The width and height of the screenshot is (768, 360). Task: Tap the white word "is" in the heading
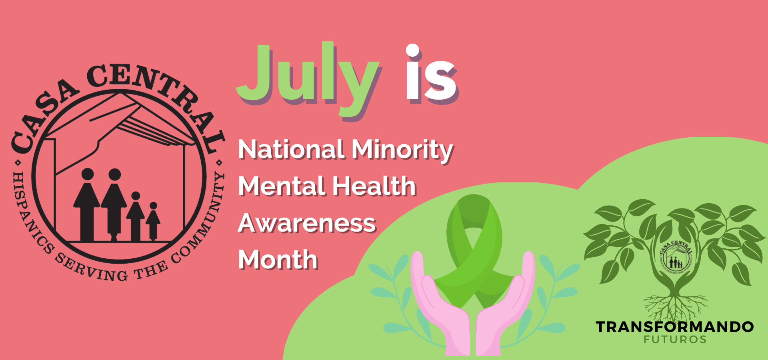pyautogui.click(x=431, y=74)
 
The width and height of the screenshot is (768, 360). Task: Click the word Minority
pyautogui.click(x=402, y=150)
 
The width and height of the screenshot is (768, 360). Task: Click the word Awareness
pyautogui.click(x=307, y=223)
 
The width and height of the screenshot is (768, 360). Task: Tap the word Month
pyautogui.click(x=278, y=260)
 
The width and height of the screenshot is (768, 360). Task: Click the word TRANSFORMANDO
pyautogui.click(x=675, y=327)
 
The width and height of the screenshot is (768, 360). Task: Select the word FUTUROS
pyautogui.click(x=675, y=340)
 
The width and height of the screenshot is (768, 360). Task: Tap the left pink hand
pyautogui.click(x=440, y=304)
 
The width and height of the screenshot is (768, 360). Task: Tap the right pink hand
pyautogui.click(x=506, y=304)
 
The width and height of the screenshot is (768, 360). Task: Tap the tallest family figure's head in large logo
pyautogui.click(x=115, y=174)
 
